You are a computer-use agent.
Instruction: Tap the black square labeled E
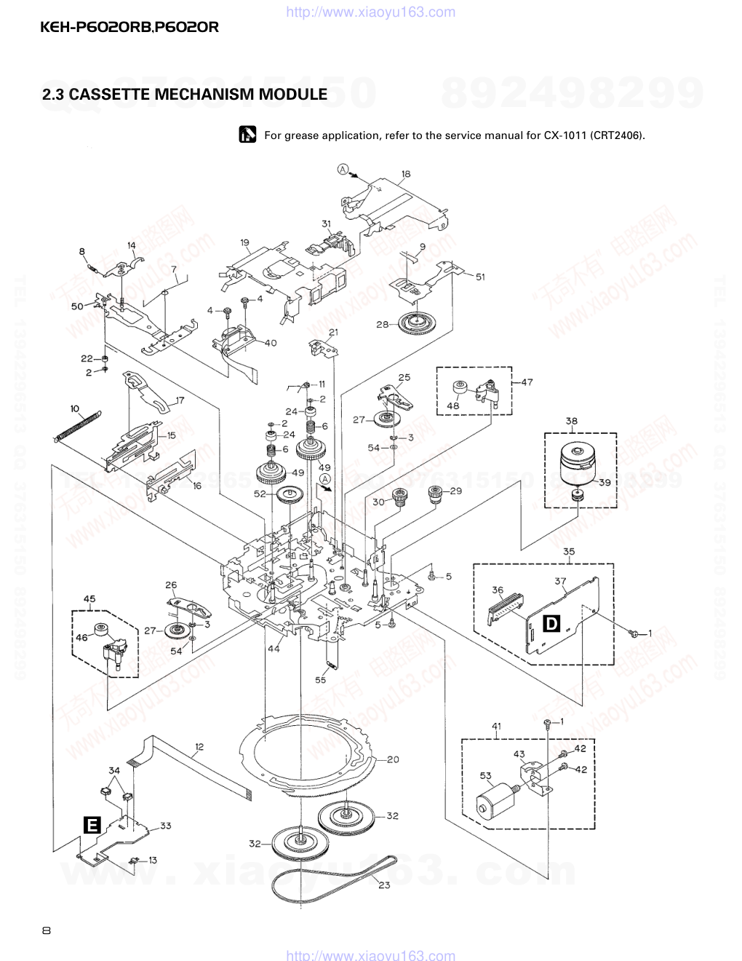tap(92, 824)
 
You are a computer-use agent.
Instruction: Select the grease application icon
tap(247, 135)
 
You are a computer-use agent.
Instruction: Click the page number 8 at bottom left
tap(47, 930)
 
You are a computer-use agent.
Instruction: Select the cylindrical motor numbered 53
tap(492, 799)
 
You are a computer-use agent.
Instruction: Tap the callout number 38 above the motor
tap(571, 421)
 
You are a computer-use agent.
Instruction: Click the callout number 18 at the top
tap(406, 174)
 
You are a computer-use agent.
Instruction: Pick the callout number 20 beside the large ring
tap(393, 759)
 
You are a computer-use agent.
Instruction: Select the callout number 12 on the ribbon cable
tap(199, 746)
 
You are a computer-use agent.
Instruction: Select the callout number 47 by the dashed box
tap(527, 381)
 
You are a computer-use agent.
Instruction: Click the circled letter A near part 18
tap(342, 170)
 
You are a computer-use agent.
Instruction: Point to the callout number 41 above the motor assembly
tap(497, 726)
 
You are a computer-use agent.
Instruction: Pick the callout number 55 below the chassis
tap(321, 680)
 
